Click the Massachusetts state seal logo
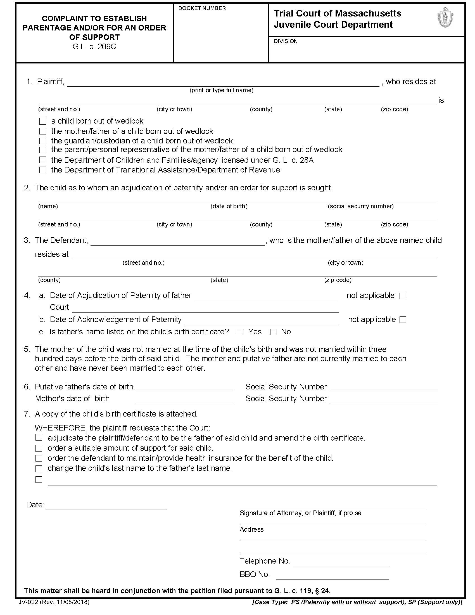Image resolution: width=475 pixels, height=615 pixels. pyautogui.click(x=445, y=17)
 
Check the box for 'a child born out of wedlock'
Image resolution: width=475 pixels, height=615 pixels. pyautogui.click(x=43, y=121)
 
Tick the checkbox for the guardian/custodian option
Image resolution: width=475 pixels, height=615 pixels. pyautogui.click(x=43, y=141)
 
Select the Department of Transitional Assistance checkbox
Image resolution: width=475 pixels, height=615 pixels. pyautogui.click(x=43, y=170)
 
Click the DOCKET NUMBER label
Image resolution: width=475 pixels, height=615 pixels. pyautogui.click(x=202, y=8)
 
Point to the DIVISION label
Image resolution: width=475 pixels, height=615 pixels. pyautogui.click(x=286, y=41)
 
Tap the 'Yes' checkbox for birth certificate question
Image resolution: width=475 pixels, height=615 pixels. pyautogui.click(x=240, y=332)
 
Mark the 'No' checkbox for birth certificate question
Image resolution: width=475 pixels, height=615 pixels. pyautogui.click(x=273, y=332)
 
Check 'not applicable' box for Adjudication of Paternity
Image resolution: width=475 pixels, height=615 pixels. pyautogui.click(x=403, y=296)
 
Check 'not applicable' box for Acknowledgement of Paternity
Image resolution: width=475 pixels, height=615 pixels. pyautogui.click(x=403, y=320)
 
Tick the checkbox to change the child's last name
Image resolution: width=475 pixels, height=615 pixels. pyautogui.click(x=39, y=469)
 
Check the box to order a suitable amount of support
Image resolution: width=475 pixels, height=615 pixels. pyautogui.click(x=39, y=448)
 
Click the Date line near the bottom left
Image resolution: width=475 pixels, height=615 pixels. pyautogui.click(x=106, y=507)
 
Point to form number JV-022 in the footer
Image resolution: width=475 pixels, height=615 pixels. pyautogui.click(x=54, y=602)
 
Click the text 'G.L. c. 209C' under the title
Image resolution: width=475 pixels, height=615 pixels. pyautogui.click(x=94, y=47)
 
